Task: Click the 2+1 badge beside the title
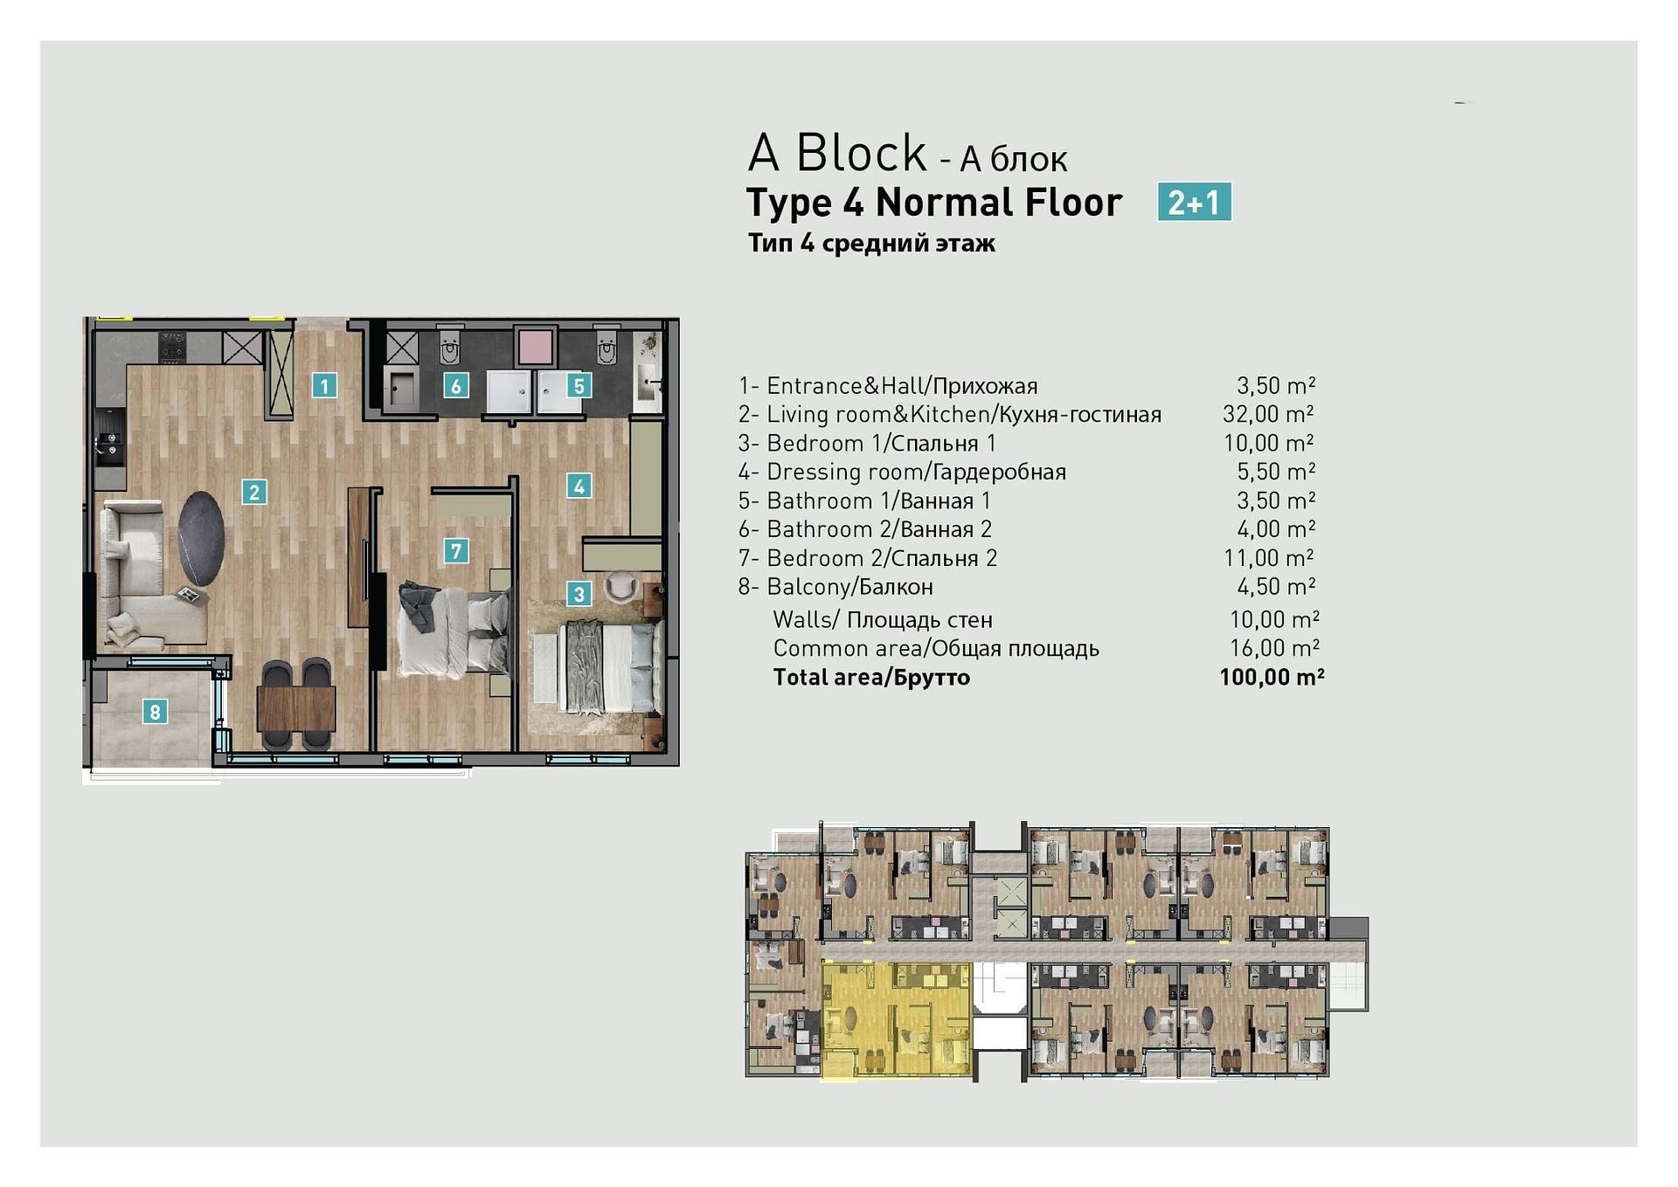coord(1194,202)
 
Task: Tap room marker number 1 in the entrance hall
coord(324,385)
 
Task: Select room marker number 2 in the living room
coord(254,492)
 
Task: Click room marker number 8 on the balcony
coord(155,712)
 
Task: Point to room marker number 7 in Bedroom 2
coord(455,550)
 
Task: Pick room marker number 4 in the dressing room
coord(579,486)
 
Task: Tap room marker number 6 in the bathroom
coord(455,385)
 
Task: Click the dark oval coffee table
coord(201,539)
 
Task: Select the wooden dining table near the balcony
coord(296,708)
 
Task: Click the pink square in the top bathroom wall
coord(535,346)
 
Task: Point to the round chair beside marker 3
coord(621,586)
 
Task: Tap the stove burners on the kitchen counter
coord(172,346)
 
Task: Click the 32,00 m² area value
coord(1268,414)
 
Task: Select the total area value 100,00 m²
coord(1272,677)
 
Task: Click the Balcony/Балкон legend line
coord(836,587)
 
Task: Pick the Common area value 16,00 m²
coord(1274,648)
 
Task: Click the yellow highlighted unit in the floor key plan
coord(898,1020)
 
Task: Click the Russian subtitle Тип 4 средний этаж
coord(871,243)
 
